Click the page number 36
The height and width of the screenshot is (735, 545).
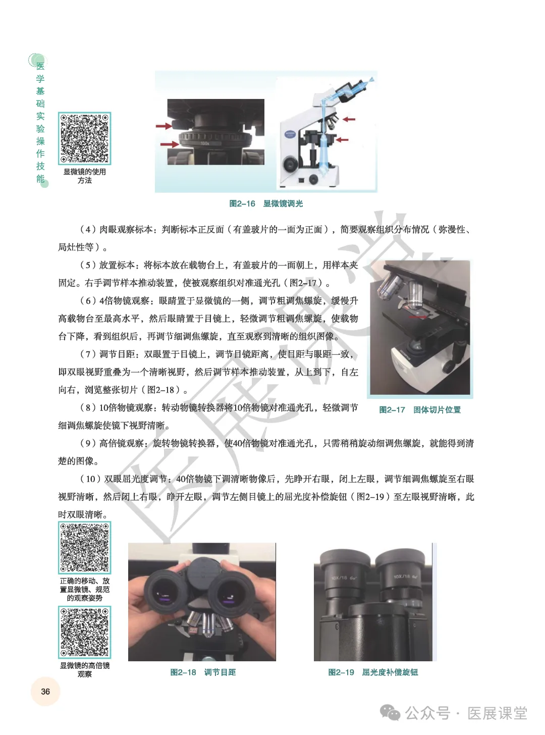tap(45, 691)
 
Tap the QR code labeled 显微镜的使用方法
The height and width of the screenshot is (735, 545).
tap(84, 138)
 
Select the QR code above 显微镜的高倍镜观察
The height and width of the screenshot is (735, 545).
tap(84, 632)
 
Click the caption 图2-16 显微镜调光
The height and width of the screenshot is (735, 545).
tap(266, 203)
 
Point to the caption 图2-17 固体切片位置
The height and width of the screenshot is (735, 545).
tap(420, 409)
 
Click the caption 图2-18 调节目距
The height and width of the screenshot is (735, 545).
tap(203, 672)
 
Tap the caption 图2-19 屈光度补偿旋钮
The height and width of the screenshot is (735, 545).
tap(373, 672)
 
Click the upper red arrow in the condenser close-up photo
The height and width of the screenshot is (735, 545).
tap(164, 126)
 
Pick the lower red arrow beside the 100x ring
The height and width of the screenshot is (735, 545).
tap(170, 144)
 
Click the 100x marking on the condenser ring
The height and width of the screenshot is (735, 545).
tap(205, 143)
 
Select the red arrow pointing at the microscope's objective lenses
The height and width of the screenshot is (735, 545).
tap(349, 119)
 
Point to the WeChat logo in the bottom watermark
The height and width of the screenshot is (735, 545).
tap(390, 713)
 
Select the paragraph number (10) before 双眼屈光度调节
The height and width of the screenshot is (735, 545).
tap(90, 479)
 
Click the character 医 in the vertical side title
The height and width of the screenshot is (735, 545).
tap(40, 66)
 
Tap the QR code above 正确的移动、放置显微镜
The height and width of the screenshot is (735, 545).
tap(84, 547)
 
